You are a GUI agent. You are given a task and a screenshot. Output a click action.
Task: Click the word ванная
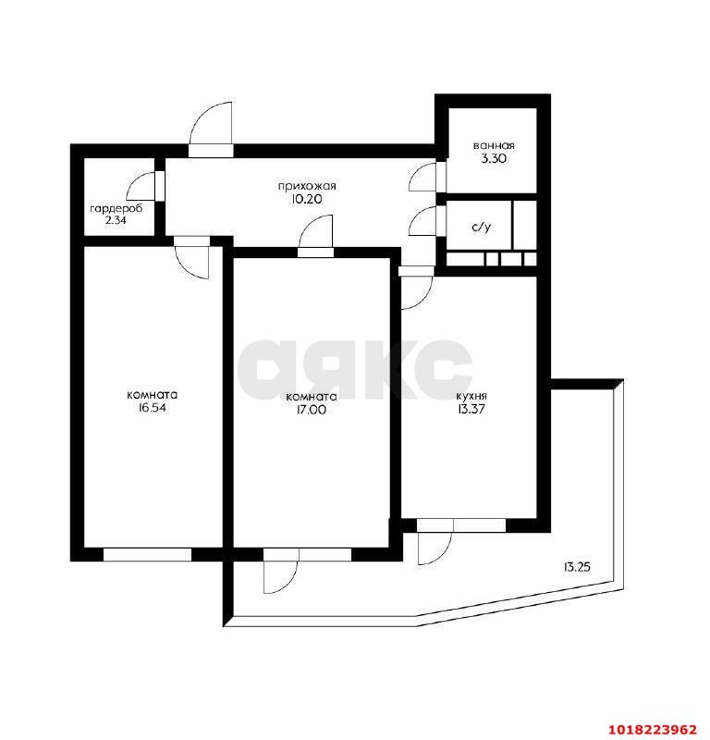(494, 146)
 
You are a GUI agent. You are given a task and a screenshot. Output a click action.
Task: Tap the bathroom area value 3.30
(494, 158)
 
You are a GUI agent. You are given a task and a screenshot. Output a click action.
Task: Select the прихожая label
(307, 187)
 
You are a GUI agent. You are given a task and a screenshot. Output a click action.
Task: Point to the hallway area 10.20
(307, 199)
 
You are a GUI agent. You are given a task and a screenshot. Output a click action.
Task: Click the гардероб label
(116, 208)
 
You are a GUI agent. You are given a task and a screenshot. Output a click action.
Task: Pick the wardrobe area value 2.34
(116, 220)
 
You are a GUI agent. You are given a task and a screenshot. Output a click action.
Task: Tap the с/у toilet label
(482, 227)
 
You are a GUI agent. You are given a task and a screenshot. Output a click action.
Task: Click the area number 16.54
(152, 408)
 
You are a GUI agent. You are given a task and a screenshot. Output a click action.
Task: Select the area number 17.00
(311, 410)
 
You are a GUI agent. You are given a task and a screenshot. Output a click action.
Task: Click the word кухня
(471, 396)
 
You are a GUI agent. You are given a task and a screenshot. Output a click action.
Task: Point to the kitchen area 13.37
(471, 409)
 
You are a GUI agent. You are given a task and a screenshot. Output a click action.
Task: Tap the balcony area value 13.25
(577, 567)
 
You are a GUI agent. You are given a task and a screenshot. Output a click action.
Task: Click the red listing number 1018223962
(652, 729)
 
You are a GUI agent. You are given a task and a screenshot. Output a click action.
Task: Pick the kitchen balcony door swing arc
(444, 553)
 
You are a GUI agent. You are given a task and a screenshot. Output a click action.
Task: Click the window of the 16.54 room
(147, 554)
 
